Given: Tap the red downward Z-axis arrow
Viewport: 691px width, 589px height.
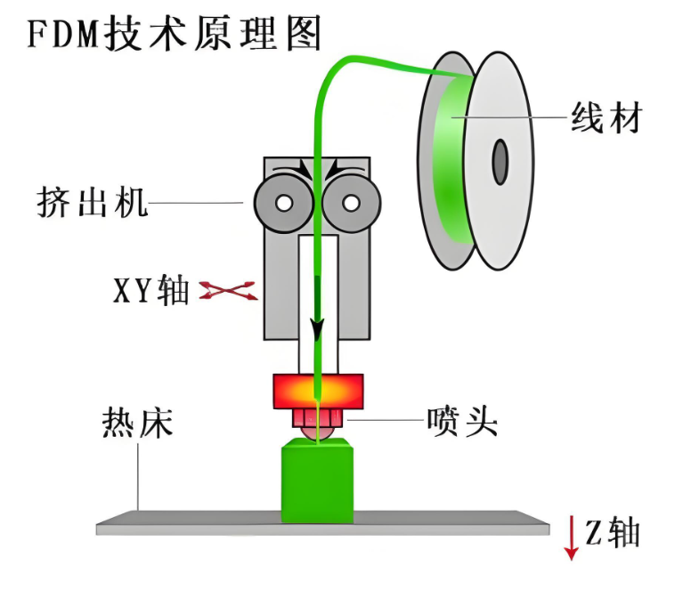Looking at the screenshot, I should click(x=572, y=539).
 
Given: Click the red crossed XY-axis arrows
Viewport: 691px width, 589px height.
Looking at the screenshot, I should click(x=227, y=289).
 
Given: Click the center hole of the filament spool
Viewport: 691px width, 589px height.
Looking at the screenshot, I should click(x=500, y=160).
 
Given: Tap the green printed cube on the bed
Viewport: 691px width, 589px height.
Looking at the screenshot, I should click(x=317, y=482).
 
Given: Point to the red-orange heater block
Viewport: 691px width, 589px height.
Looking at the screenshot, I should click(x=319, y=389).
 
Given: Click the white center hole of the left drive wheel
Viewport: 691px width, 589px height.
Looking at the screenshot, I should click(x=283, y=204).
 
